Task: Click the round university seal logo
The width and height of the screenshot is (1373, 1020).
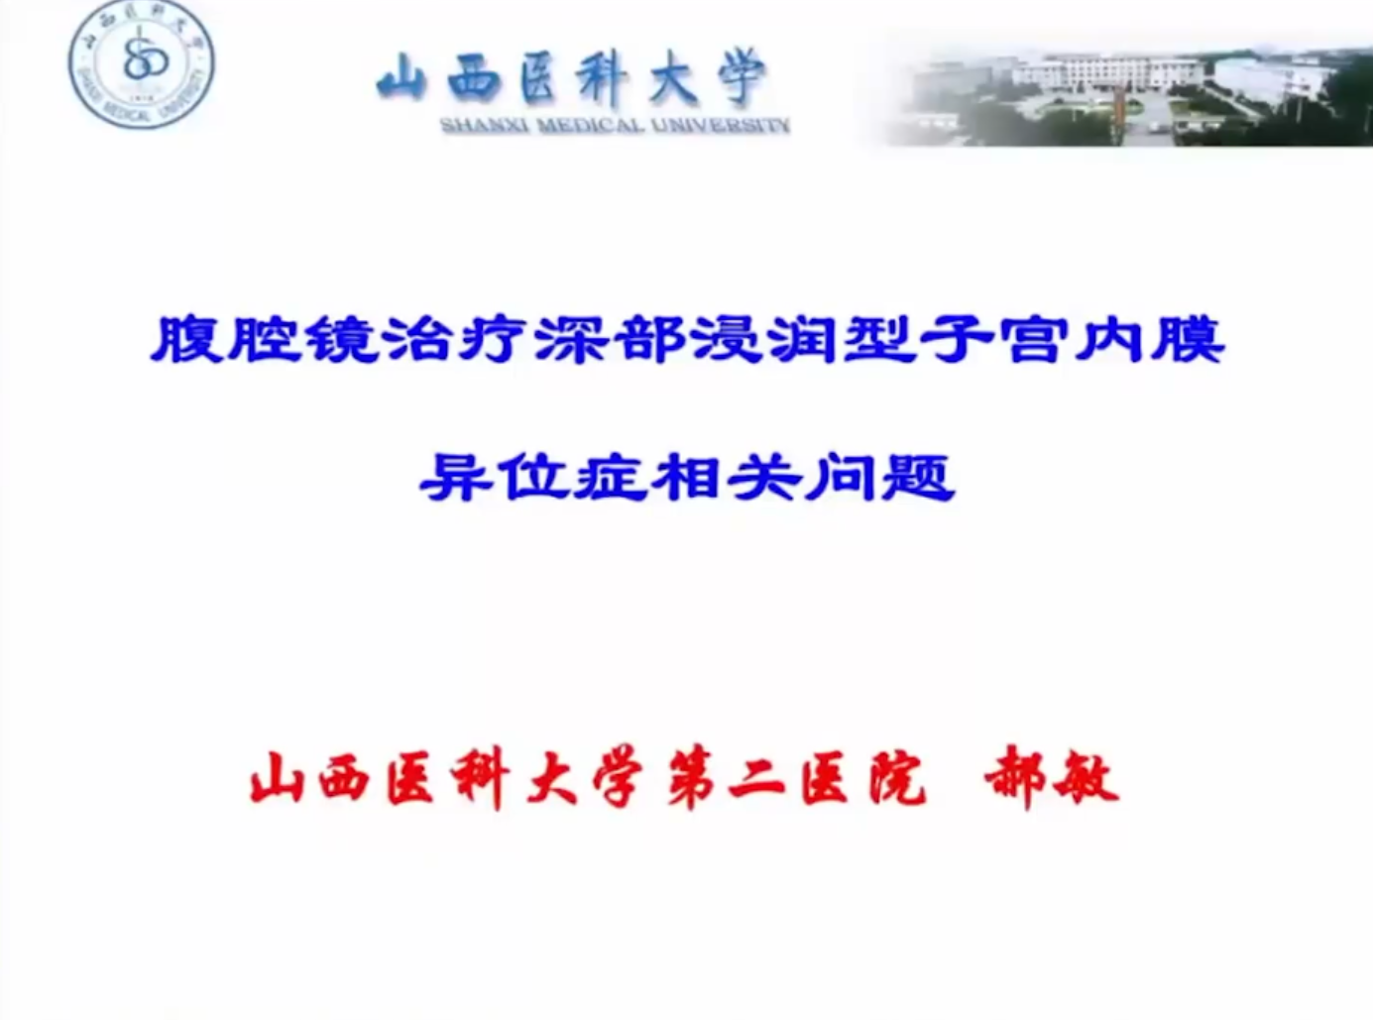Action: [142, 64]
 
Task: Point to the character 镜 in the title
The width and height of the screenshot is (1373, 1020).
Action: [341, 339]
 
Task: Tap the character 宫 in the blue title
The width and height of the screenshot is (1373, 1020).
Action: [1032, 339]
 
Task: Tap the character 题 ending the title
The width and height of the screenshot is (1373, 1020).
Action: [919, 478]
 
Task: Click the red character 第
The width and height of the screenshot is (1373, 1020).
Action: [690, 778]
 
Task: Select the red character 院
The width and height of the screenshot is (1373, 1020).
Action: [896, 778]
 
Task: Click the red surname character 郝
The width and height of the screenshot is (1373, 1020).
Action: [1015, 777]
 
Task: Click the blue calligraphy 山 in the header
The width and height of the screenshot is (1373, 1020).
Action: [403, 79]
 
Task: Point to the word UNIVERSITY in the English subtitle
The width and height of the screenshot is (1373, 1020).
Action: [717, 126]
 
